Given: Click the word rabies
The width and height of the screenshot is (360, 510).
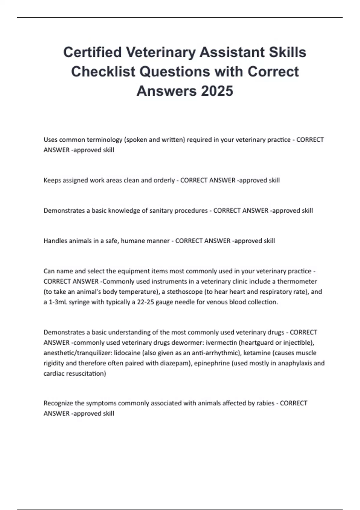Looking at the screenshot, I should [x=265, y=403].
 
